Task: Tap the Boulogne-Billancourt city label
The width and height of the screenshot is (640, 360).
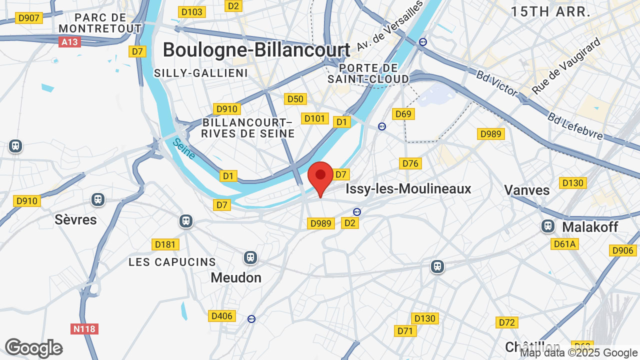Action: click(x=256, y=50)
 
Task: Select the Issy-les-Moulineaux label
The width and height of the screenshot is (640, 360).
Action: click(x=408, y=188)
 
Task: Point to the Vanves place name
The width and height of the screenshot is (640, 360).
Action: click(x=526, y=190)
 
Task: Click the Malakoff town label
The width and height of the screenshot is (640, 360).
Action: click(x=590, y=227)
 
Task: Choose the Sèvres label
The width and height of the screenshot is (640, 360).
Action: click(x=75, y=219)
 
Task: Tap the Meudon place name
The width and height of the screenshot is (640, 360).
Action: click(x=236, y=277)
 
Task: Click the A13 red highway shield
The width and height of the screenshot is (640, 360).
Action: click(x=69, y=42)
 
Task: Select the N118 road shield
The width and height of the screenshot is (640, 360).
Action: click(x=84, y=329)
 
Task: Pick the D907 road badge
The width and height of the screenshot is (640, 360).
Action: click(x=28, y=18)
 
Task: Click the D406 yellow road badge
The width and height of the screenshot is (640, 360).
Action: click(x=222, y=316)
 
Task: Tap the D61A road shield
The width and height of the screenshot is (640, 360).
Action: click(x=565, y=244)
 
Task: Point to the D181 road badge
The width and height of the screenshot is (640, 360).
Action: click(x=165, y=244)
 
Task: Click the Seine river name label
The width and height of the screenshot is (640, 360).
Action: click(x=184, y=148)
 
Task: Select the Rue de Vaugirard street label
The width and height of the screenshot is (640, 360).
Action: click(x=565, y=66)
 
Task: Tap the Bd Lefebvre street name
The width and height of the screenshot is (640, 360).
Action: click(x=575, y=126)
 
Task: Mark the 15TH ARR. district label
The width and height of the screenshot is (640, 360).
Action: click(x=550, y=12)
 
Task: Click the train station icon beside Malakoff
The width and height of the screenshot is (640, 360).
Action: click(x=548, y=226)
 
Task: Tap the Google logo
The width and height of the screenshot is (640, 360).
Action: click(x=34, y=348)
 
